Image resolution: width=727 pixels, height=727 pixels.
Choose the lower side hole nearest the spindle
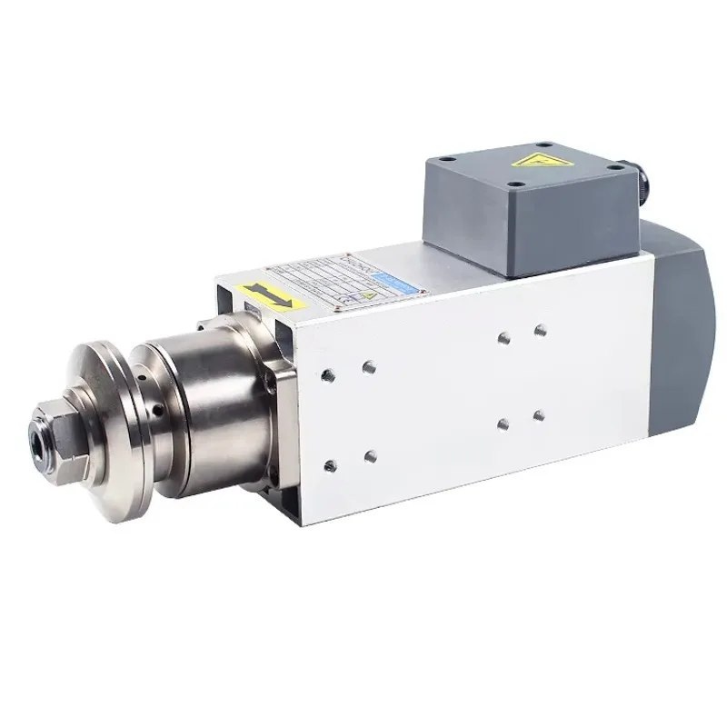point(330,465)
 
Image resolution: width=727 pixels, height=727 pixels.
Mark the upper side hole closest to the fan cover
point(540,330)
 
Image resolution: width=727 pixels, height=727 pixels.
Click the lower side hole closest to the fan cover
point(539,415)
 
